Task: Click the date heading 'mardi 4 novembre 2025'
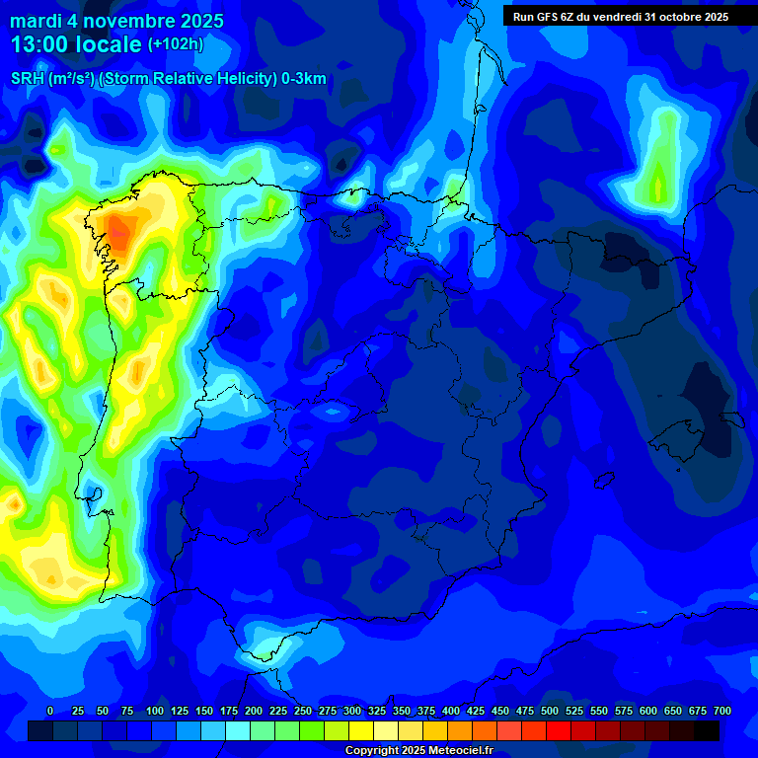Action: [116, 21]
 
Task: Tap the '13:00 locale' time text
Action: [76, 44]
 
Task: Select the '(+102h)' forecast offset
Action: [175, 44]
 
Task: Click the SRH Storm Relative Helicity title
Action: [168, 79]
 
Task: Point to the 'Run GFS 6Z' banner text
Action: [621, 17]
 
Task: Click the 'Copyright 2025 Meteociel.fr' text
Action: [418, 751]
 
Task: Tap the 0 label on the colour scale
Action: [50, 711]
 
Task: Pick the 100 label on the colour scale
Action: [155, 711]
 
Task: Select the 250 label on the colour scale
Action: [303, 711]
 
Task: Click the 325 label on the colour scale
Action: [377, 711]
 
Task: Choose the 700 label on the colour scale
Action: [721, 711]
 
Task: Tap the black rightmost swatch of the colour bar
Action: [707, 730]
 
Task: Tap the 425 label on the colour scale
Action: [476, 711]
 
